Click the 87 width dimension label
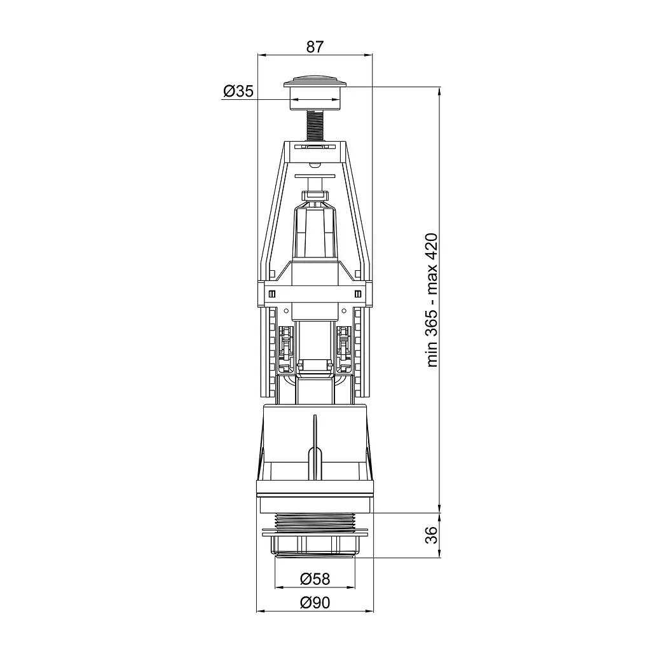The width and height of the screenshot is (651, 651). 315,46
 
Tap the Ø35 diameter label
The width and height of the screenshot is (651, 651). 238,91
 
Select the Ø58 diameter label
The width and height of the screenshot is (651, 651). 315,579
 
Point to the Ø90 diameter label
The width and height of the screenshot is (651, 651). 315,602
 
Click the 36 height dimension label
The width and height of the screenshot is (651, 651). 432,535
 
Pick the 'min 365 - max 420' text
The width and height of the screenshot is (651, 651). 432,300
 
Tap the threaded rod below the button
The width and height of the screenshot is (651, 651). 315,127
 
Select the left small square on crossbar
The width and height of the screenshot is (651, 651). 272,294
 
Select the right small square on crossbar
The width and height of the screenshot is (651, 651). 359,294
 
